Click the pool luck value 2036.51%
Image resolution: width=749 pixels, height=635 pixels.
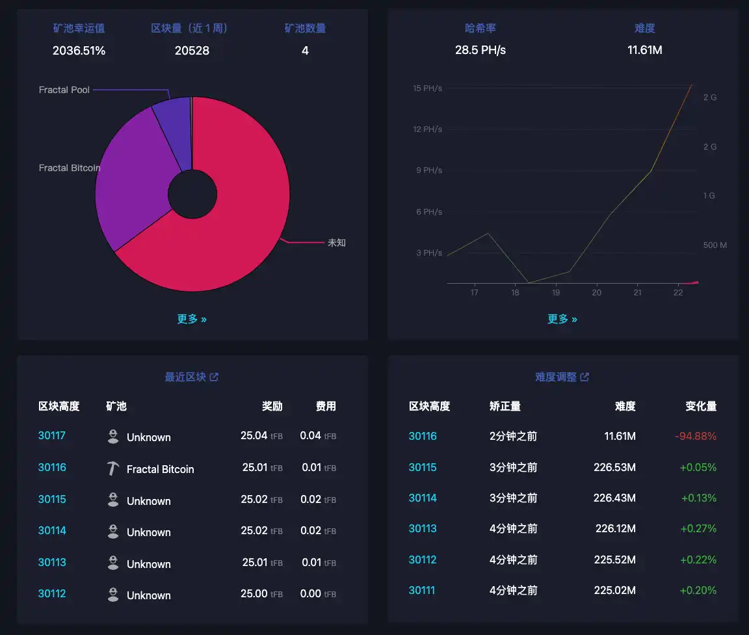pos(79,50)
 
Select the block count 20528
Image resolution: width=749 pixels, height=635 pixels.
pos(192,50)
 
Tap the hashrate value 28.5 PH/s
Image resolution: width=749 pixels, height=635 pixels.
pos(480,50)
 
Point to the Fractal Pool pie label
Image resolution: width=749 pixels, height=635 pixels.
pos(64,90)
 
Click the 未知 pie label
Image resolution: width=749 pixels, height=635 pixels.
pos(337,243)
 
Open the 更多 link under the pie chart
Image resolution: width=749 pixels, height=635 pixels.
pos(192,319)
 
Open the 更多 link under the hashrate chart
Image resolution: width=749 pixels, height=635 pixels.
pos(562,319)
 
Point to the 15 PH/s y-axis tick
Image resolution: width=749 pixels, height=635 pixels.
pos(427,88)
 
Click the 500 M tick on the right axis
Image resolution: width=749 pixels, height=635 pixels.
pos(715,245)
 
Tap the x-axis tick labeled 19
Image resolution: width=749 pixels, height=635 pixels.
pos(556,293)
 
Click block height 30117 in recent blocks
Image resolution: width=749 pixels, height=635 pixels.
pos(52,435)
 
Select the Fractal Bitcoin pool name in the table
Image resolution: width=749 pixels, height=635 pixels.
pos(160,469)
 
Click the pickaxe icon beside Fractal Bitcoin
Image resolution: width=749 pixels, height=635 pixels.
pos(113,468)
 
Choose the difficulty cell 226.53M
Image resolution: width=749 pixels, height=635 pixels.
pos(614,467)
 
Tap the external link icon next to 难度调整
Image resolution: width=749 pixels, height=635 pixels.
pos(585,377)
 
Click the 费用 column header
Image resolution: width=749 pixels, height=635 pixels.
pos(326,406)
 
